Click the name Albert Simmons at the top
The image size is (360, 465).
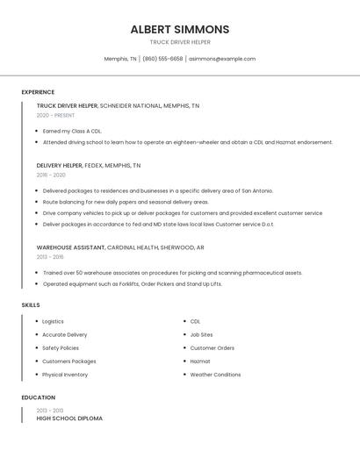[180, 29]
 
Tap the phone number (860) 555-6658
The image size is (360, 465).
[162, 59]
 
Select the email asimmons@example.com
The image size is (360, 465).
[222, 59]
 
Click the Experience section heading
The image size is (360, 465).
[38, 92]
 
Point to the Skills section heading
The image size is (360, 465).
[31, 304]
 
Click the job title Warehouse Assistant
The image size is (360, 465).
[67, 247]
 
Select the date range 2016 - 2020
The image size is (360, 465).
[51, 175]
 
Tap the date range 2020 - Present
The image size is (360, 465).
[55, 115]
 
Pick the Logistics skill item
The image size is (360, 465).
[53, 321]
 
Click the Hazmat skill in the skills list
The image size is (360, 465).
[200, 361]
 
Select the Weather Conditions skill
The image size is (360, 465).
[215, 375]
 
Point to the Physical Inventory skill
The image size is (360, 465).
[65, 375]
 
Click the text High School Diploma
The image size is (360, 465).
[69, 418]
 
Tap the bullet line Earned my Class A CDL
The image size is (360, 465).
[72, 131]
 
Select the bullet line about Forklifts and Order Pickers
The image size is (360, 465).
[132, 283]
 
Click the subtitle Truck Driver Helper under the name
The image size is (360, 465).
[180, 41]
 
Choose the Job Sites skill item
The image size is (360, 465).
[201, 334]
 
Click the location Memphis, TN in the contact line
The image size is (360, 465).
[120, 59]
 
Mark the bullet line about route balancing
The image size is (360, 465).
[126, 202]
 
